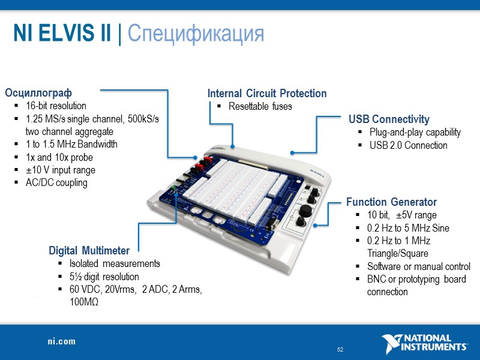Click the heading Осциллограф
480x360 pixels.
point(38,93)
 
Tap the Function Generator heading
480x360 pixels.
point(391,202)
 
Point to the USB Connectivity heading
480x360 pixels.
point(389,119)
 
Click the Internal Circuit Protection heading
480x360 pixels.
point(267,94)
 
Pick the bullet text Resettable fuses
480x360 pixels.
point(260,107)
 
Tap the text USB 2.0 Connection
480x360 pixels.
point(409,145)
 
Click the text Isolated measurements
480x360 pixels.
point(115,263)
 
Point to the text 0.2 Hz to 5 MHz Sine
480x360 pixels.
point(408,228)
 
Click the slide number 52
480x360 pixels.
point(340,350)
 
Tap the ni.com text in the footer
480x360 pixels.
point(62,341)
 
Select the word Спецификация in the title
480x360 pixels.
point(196,33)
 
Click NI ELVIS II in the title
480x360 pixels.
point(62,33)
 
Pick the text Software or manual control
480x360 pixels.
point(419,266)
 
